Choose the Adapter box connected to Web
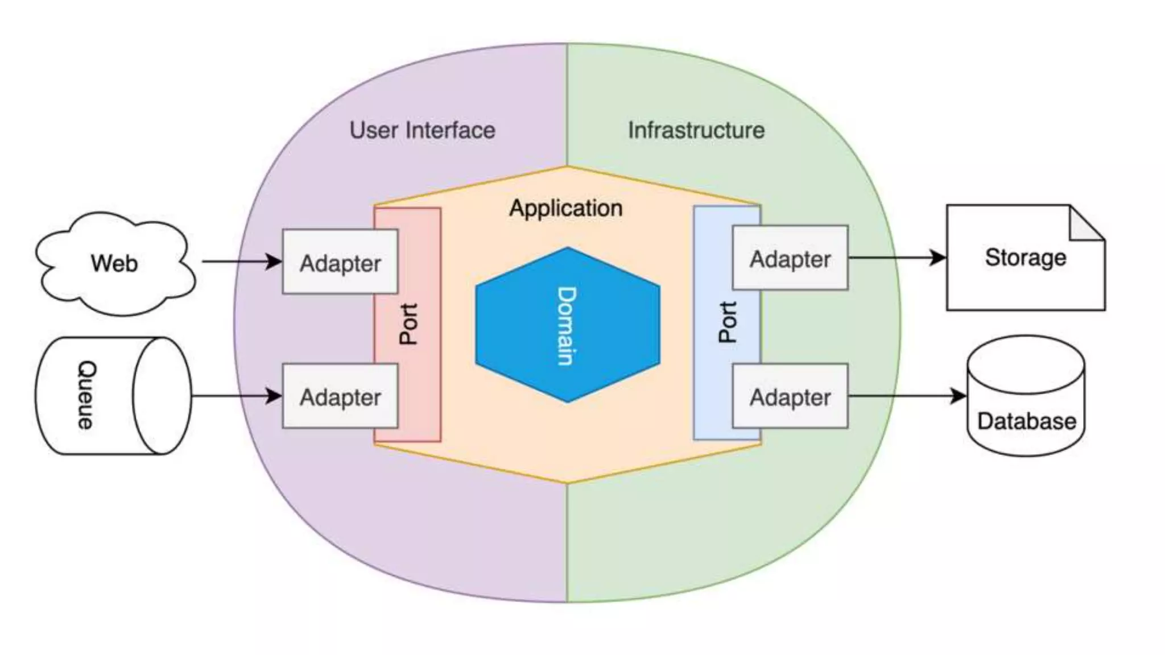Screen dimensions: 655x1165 click(340, 262)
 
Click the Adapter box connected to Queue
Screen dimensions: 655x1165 click(340, 396)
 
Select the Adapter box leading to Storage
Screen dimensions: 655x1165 click(790, 258)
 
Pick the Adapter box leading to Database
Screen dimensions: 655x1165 click(790, 396)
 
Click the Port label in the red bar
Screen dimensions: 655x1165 click(408, 324)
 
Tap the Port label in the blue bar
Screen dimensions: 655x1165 click(728, 322)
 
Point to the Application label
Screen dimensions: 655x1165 click(566, 208)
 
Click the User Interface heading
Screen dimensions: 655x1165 click(422, 130)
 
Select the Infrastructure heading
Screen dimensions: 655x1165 click(696, 130)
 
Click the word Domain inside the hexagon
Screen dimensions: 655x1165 click(567, 325)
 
